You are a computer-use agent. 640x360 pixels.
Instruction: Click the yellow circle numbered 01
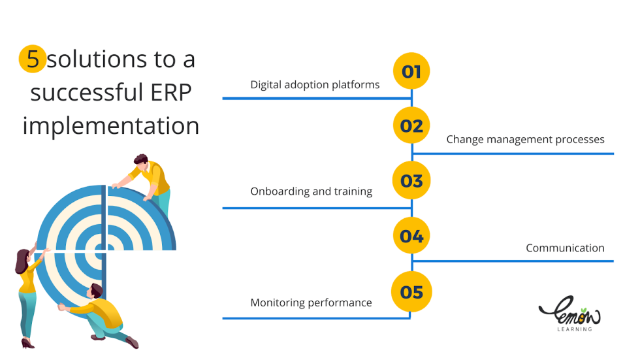[x=411, y=71]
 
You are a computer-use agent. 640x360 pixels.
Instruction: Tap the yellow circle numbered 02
[x=411, y=125]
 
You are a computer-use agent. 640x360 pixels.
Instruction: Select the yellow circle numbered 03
[x=411, y=181]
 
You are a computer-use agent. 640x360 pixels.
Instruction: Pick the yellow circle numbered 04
[x=411, y=236]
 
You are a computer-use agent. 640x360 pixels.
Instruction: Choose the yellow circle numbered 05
[x=411, y=291]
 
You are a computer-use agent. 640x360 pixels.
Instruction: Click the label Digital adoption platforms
[x=315, y=85]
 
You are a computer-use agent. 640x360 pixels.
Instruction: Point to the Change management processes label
[x=525, y=139]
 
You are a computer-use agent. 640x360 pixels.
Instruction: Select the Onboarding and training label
[x=312, y=191]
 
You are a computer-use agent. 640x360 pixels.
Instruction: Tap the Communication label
[x=565, y=248]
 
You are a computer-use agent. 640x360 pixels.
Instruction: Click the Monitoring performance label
[x=311, y=303]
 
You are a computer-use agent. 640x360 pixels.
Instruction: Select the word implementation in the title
[x=111, y=125]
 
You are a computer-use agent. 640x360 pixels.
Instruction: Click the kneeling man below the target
[x=104, y=314]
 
